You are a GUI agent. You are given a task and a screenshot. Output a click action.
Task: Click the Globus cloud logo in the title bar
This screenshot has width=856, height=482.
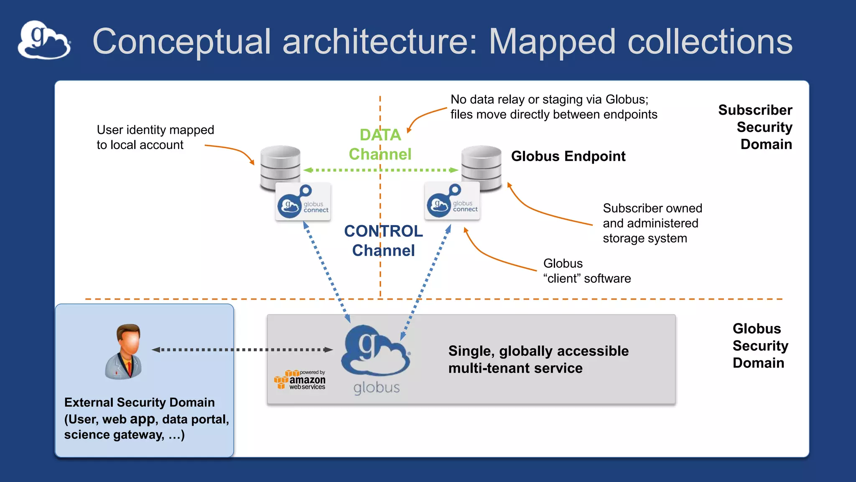click(x=44, y=40)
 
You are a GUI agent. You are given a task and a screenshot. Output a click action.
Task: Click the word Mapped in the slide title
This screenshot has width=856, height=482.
click(x=552, y=42)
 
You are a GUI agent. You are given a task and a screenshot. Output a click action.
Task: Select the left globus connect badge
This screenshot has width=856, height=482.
click(x=303, y=202)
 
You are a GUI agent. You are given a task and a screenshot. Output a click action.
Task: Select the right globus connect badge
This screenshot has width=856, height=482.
click(x=452, y=201)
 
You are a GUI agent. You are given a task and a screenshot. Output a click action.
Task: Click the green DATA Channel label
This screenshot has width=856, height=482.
click(x=380, y=144)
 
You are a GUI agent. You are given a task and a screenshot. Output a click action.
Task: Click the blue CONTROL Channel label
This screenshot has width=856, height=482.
click(x=383, y=241)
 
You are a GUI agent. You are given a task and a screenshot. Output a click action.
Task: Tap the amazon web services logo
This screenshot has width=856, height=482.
click(x=300, y=380)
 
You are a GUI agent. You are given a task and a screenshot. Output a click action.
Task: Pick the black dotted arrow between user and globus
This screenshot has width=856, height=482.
click(x=242, y=349)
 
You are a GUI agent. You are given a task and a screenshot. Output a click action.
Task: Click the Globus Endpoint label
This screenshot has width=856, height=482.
click(x=568, y=156)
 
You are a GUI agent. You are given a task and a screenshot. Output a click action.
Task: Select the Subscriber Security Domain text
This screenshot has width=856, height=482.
click(x=755, y=127)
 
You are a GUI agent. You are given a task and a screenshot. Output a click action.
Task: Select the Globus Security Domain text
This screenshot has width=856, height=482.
click(x=760, y=346)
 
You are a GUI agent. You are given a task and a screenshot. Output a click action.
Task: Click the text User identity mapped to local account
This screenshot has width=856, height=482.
click(x=155, y=137)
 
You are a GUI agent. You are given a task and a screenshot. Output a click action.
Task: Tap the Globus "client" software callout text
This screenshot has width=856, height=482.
click(x=586, y=271)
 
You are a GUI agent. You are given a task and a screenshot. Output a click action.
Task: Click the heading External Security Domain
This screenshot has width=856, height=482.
click(x=139, y=402)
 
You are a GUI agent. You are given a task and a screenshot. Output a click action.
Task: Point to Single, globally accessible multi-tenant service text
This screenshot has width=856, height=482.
click(x=538, y=359)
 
